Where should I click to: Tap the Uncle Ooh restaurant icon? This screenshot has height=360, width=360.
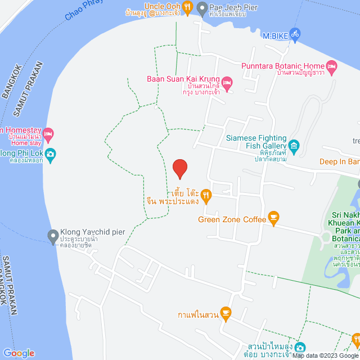coord(187,7)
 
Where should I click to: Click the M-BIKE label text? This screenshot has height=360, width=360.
coord(275,35)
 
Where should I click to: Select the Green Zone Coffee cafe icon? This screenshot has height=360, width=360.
coord(274,218)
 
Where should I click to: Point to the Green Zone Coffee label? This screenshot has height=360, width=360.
coord(232,219)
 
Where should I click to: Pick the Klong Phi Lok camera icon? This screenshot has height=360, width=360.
coord(51,154)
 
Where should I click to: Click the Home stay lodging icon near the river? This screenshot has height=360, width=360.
coord(48,134)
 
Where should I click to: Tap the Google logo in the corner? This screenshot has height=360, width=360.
coord(18,353)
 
